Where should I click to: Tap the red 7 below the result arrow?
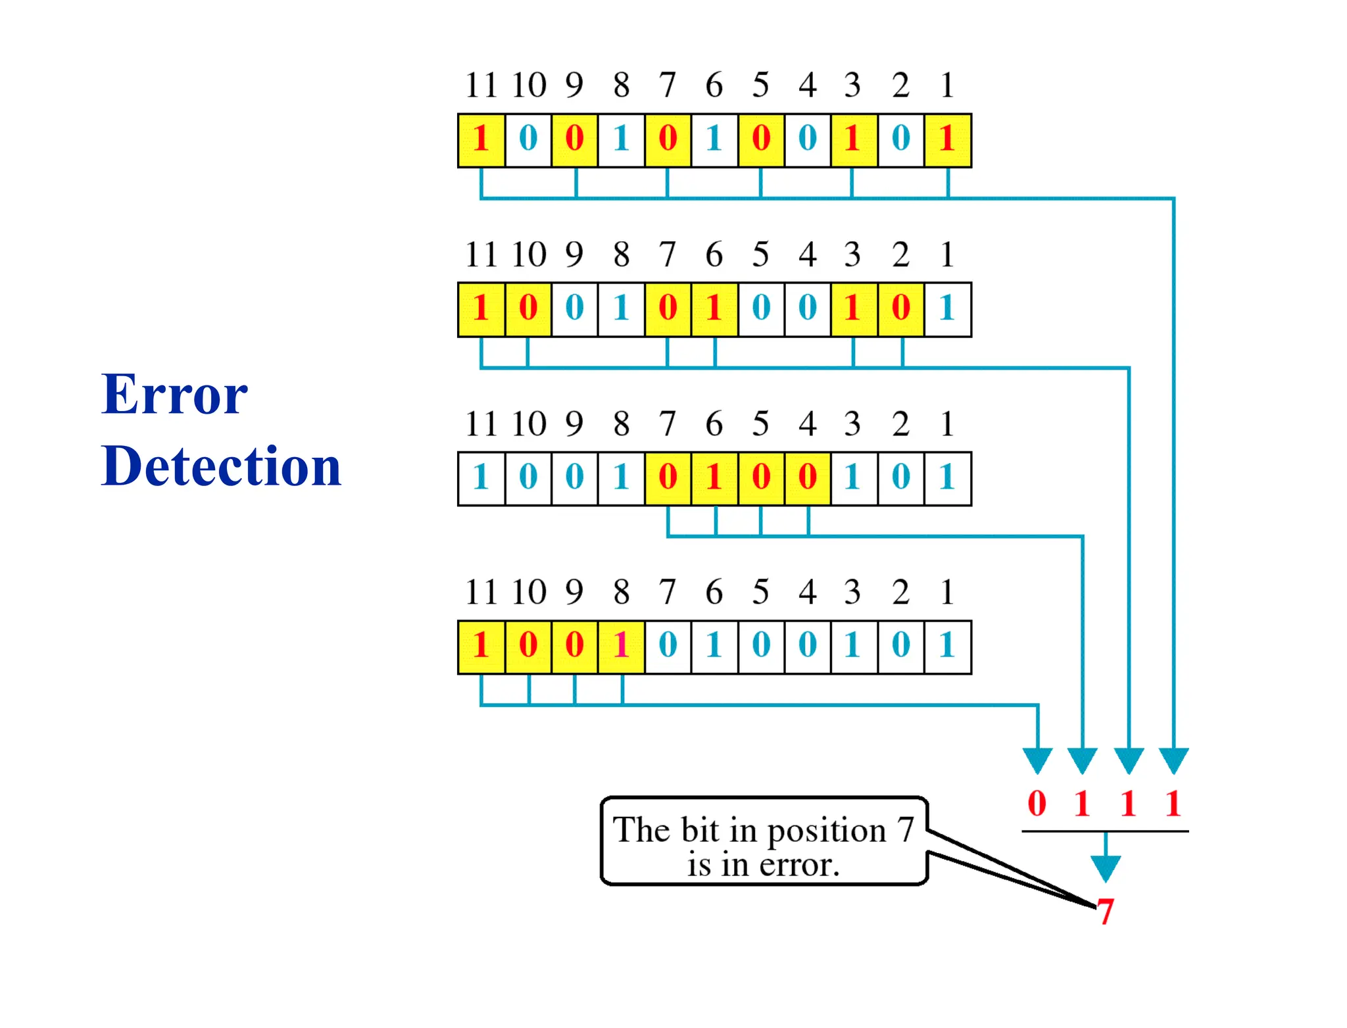pos(1105,912)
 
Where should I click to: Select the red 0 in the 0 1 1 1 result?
pos(1037,803)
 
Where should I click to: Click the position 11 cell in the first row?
pos(481,140)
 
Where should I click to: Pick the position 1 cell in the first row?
pos(947,140)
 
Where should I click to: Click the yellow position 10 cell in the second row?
pos(528,309)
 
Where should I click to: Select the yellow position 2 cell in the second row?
pos(900,309)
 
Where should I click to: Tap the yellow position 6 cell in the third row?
pos(714,478)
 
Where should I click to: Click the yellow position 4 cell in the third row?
pos(808,478)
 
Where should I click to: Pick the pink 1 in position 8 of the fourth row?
pos(621,647)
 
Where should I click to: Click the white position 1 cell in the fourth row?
pos(947,647)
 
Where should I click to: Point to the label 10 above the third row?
pos(529,423)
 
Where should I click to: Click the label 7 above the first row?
pos(668,85)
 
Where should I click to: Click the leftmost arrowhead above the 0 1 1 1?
pos(1037,760)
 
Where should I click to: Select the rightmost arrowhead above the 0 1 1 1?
pos(1173,760)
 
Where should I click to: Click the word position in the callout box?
pos(827,831)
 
